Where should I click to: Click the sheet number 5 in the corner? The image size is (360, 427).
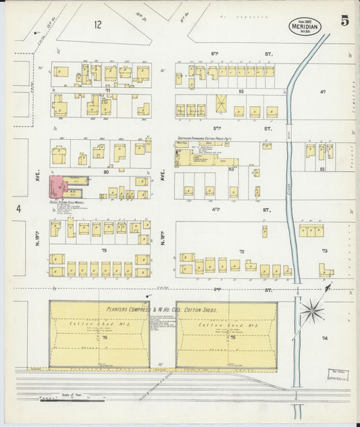coord(344,21)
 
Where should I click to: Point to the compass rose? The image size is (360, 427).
coord(311,311)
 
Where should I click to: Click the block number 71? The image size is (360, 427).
coord(107,89)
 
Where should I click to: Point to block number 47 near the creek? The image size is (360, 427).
coord(323,91)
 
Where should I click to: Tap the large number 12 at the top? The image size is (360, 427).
coord(99,25)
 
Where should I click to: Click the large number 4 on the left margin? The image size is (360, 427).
coord(19,209)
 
